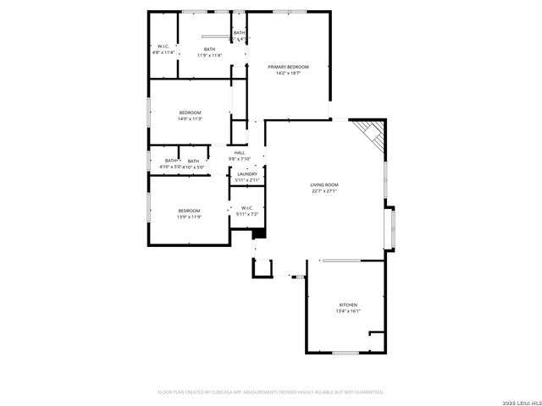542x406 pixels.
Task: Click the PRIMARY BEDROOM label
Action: click(288, 67)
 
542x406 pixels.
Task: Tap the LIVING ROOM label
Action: click(324, 184)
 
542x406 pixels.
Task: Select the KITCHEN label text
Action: click(348, 304)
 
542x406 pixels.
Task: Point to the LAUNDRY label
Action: click(247, 174)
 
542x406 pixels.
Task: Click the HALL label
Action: click(240, 153)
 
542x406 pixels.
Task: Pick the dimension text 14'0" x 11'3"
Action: click(190, 119)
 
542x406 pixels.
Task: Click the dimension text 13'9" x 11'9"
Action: click(189, 217)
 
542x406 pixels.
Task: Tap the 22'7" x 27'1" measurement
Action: click(324, 191)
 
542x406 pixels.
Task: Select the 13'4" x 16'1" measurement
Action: click(348, 311)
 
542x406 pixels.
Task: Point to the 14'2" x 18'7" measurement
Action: click(288, 74)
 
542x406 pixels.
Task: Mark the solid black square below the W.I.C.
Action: click(259, 234)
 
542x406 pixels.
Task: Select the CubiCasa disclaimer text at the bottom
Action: click(271, 392)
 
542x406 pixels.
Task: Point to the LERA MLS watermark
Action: click(518, 400)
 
